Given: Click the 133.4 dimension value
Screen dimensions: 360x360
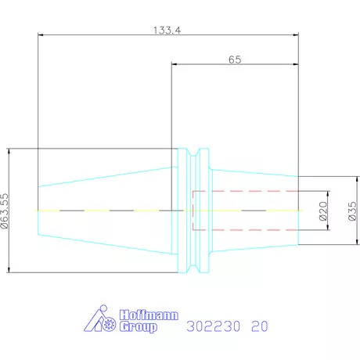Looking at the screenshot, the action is click(x=167, y=31).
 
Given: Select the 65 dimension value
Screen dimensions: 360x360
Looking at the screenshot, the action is click(x=235, y=59).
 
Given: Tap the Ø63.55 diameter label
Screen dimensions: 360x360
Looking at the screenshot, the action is click(x=5, y=211).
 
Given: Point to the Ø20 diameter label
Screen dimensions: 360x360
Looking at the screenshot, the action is click(x=323, y=211).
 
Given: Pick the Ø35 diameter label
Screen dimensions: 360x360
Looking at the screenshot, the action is click(x=352, y=211).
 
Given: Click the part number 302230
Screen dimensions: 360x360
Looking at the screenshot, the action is click(x=213, y=326).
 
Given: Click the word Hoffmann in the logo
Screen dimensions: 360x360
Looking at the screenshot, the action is click(x=149, y=315).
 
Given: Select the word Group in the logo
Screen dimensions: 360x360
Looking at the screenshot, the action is click(x=139, y=327).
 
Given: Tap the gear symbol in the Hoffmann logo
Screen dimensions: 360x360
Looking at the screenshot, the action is click(x=109, y=324).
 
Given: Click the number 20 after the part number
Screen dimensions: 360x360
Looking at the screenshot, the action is click(x=260, y=326).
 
